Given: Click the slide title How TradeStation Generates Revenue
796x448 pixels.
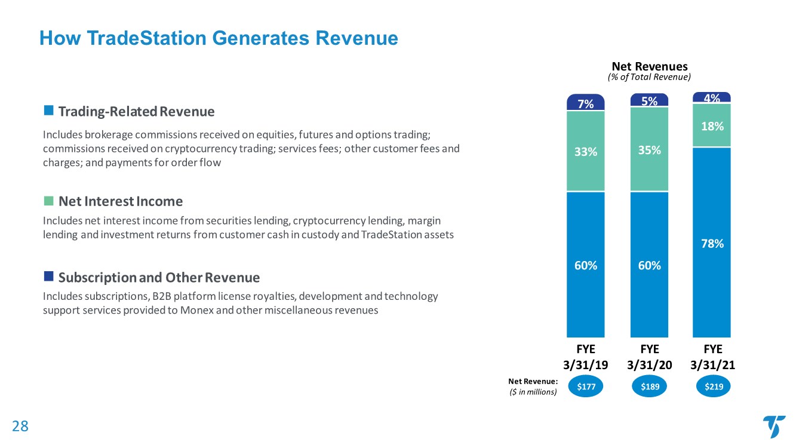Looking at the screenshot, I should pos(219,38).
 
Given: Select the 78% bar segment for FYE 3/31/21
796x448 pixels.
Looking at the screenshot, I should pos(712,243).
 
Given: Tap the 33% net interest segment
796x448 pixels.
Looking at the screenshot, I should pos(586,152).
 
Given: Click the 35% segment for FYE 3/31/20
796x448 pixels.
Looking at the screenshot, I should pos(649,150).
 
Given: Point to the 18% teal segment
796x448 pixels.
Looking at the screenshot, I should pos(712,126).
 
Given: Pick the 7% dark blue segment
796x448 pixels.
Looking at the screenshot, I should pos(586,103).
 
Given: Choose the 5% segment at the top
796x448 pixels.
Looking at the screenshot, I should pos(649,101).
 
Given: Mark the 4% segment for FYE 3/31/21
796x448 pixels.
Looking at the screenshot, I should pos(712,97).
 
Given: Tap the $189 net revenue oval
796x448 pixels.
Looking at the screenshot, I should pos(650,387).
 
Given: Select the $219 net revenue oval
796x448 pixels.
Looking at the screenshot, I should pos(714,387).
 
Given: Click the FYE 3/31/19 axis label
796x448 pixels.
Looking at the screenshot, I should pos(586,357).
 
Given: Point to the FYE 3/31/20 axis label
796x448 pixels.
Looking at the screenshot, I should pos(649,357).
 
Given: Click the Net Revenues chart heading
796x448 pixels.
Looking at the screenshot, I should pos(649,66).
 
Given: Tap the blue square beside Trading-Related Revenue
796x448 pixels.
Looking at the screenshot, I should pos(48,111).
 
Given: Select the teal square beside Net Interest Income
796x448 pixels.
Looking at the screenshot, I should pos(48,200).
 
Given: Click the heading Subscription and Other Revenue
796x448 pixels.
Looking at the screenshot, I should pos(159,278).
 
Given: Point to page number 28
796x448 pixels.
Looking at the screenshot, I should pos(20,426).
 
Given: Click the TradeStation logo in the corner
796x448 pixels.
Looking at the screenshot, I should pos(774,426).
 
